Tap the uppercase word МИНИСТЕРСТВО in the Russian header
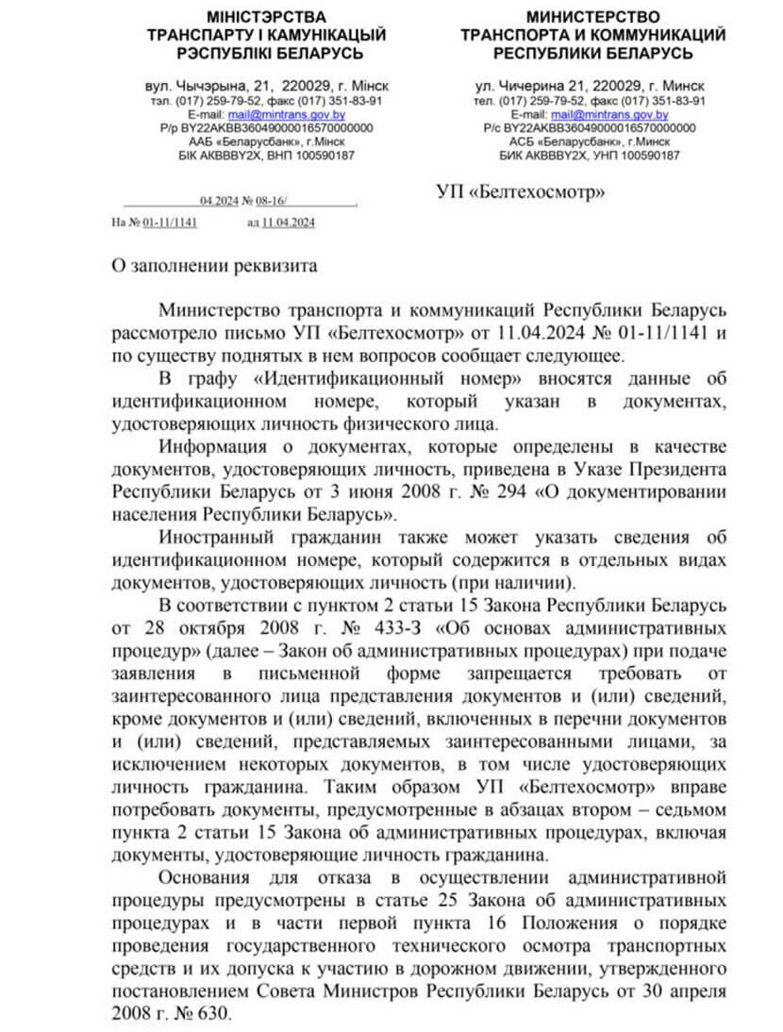(x=592, y=17)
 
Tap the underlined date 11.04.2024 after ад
(x=289, y=223)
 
